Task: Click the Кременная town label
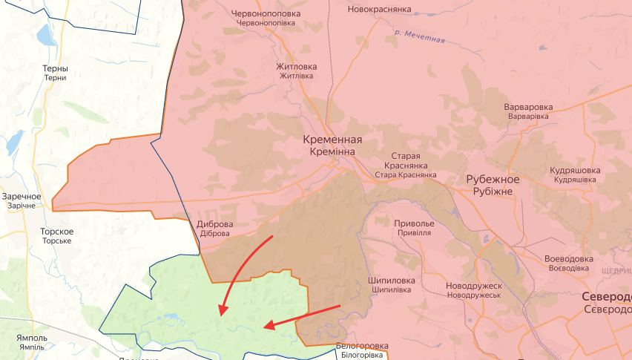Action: coord(332,140)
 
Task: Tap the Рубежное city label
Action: coord(493,180)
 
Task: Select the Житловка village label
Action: coord(296,67)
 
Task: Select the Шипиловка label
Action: coord(391,281)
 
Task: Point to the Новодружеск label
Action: coord(474,286)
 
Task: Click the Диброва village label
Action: coord(215,224)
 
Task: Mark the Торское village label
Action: coord(56,232)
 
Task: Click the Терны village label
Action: coord(55,69)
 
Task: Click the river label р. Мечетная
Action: coord(420,35)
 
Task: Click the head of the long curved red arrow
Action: coord(220,312)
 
